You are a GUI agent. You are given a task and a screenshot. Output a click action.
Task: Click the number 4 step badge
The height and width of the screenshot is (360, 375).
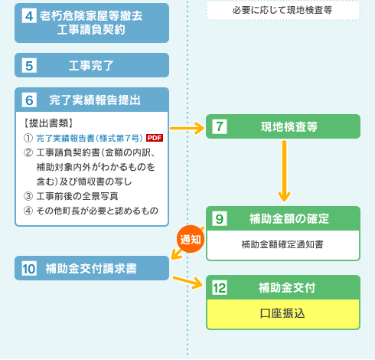click(x=29, y=16)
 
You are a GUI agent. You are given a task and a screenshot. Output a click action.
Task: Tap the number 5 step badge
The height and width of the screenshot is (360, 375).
click(x=29, y=65)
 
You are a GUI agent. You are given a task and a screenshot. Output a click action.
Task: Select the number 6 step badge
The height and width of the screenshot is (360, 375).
click(x=29, y=100)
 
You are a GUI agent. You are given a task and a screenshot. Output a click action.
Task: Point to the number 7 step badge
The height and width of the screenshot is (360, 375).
click(x=220, y=126)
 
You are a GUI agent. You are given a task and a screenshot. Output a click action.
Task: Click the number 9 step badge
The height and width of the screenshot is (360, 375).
click(x=220, y=218)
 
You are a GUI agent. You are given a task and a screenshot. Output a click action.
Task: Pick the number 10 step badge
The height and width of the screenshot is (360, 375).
click(x=29, y=268)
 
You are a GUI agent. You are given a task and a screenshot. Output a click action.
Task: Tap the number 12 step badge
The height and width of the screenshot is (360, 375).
click(x=220, y=288)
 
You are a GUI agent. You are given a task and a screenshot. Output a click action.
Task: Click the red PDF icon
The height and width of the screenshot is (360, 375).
click(x=155, y=138)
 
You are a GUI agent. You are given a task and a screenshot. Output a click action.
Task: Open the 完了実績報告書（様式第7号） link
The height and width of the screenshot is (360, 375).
click(x=90, y=138)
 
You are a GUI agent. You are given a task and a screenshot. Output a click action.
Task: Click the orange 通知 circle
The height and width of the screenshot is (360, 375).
click(x=191, y=239)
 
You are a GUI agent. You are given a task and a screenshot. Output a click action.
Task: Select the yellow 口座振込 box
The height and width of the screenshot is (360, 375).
click(x=283, y=314)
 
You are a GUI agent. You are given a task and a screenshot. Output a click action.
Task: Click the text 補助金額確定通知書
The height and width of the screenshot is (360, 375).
click(x=282, y=244)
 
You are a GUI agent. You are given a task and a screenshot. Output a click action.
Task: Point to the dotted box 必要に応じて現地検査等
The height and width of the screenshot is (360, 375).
click(x=283, y=10)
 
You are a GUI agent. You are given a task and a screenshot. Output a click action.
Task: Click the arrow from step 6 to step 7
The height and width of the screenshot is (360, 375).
click(x=187, y=128)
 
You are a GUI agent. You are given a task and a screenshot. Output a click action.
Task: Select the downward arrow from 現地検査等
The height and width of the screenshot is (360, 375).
click(x=284, y=171)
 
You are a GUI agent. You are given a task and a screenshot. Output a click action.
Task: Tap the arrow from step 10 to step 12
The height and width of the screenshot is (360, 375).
click(x=187, y=282)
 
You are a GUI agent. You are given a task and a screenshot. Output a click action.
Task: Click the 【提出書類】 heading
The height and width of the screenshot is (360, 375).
click(x=48, y=123)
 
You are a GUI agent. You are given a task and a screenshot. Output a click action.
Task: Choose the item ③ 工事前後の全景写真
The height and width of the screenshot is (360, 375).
click(x=70, y=196)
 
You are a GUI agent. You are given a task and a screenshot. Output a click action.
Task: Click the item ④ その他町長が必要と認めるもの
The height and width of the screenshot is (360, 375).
click(x=91, y=211)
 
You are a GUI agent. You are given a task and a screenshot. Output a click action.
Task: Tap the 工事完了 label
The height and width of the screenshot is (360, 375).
click(x=91, y=66)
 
